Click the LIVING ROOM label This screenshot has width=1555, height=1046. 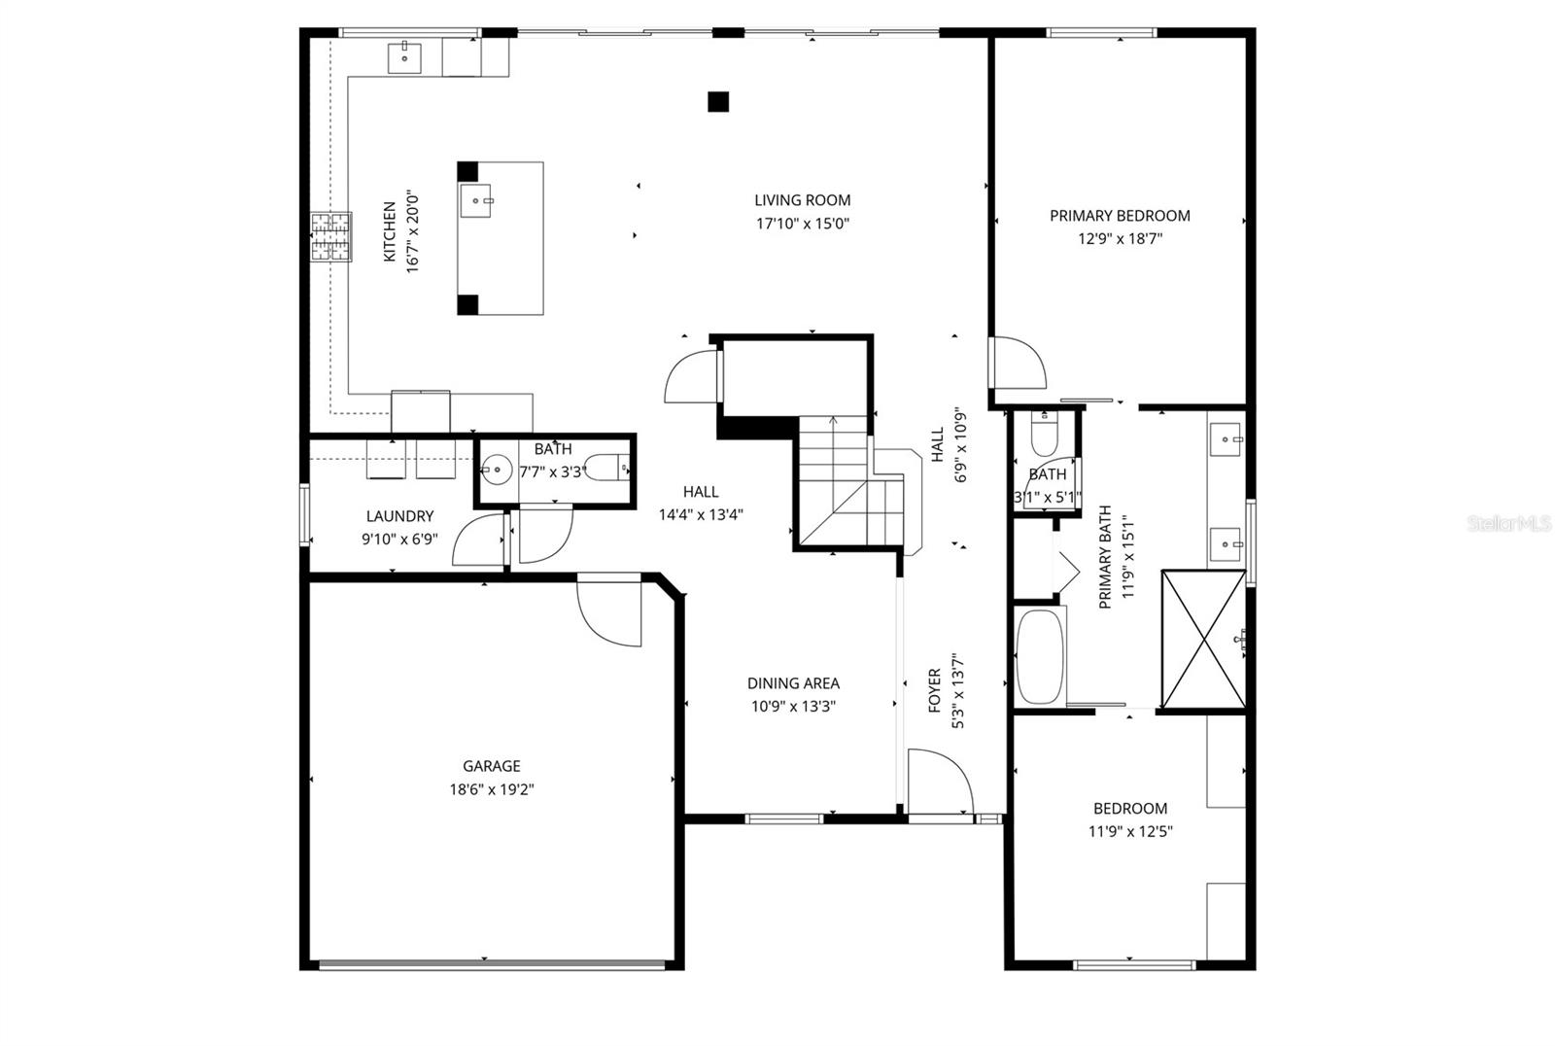(802, 200)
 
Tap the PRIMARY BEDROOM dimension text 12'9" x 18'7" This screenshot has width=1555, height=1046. (1120, 238)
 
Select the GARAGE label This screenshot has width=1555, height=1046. (491, 766)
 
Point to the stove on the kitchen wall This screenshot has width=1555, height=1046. (330, 237)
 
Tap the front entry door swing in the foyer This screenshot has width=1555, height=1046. (938, 781)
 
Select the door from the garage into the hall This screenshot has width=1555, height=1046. (609, 610)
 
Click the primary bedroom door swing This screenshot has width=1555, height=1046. (1017, 363)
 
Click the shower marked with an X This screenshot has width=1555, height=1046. (1202, 640)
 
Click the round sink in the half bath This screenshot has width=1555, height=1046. (497, 470)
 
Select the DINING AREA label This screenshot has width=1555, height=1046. (793, 683)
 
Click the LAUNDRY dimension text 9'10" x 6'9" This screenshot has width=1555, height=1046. (399, 539)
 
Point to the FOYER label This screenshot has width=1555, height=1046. (935, 690)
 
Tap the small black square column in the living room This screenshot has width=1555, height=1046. (718, 100)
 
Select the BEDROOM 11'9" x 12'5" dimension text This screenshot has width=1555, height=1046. (1130, 831)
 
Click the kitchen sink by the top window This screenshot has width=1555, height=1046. (404, 57)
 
